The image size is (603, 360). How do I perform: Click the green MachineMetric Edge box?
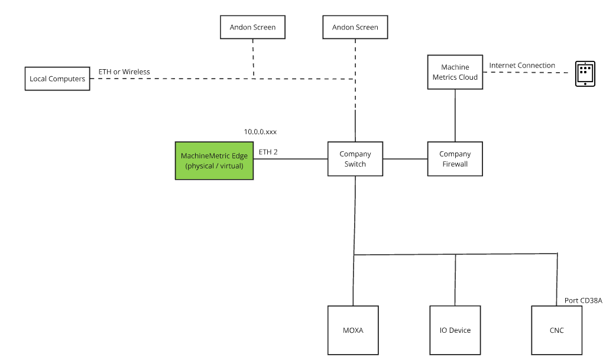tap(214, 160)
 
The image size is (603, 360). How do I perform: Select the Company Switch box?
tap(355, 159)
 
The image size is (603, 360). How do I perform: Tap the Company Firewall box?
tap(455, 159)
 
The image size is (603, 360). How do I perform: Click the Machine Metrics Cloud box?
tap(455, 72)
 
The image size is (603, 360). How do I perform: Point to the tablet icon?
tap(585, 74)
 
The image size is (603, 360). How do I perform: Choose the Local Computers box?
tap(57, 79)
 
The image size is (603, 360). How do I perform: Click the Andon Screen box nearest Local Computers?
tap(252, 27)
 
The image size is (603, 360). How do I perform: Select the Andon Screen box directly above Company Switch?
tap(355, 27)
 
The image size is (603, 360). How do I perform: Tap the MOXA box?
tap(353, 330)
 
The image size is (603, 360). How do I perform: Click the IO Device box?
tap(455, 330)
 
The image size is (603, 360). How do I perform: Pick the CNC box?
tap(556, 330)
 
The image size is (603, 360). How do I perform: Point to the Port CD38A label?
tap(583, 301)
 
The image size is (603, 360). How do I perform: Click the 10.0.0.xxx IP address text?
tap(260, 132)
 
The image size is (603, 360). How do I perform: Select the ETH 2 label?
tap(268, 152)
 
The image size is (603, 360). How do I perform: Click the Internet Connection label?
tap(522, 65)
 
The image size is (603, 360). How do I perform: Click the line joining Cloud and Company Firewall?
tap(455, 115)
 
